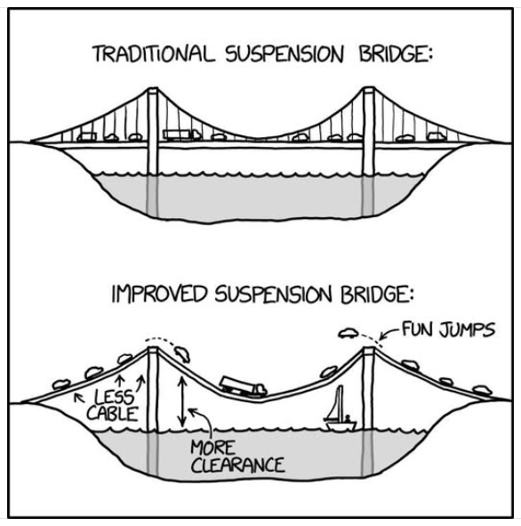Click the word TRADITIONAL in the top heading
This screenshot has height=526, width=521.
pos(153,53)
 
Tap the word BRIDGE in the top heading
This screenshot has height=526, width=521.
pos(393,53)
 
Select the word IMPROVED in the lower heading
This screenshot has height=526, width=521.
pos(159,294)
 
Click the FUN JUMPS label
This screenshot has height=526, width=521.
pos(448,328)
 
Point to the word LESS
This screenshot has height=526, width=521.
pos(114,397)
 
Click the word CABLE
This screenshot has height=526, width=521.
pos(113,413)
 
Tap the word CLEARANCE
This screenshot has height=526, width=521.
pos(238,465)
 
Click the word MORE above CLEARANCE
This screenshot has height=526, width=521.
pos(213,448)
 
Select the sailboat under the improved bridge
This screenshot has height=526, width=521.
pos(340,409)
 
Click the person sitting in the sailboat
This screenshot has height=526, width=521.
pos(348,418)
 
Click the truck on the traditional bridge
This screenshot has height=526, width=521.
pos(181,134)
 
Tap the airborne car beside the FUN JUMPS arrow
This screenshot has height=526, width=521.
pos(349,333)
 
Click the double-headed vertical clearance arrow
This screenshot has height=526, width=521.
pos(182,401)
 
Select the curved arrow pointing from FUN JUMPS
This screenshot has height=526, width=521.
pos(389,333)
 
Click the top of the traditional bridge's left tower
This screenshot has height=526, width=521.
pos(153,89)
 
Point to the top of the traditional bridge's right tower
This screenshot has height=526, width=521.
pos(369,89)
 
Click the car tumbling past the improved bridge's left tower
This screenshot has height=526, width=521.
pos(182,354)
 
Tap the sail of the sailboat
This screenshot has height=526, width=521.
pos(336,402)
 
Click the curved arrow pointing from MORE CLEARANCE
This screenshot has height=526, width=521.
pos(205,420)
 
